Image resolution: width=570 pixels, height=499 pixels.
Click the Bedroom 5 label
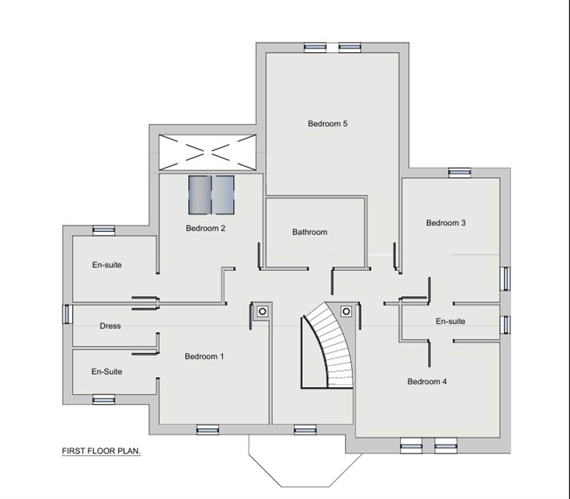point(327,124)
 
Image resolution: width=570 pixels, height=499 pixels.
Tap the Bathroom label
point(310,232)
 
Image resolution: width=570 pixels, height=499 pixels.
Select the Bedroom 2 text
point(205,228)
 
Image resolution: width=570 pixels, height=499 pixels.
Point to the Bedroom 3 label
point(446,223)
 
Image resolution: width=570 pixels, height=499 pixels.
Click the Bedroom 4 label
point(427,381)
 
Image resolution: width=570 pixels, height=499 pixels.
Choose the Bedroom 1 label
point(204,356)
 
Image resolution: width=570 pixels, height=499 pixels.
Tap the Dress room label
point(110,326)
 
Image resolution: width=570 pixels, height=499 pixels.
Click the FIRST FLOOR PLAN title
point(101,451)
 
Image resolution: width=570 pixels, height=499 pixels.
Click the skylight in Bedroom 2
point(211,195)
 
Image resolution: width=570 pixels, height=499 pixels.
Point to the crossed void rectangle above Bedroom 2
point(207,152)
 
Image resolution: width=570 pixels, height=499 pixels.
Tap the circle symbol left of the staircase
point(262,311)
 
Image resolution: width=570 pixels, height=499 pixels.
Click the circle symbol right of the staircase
point(346,311)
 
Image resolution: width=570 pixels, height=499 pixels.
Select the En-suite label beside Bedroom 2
point(107,265)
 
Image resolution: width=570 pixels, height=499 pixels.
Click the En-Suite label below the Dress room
point(107,371)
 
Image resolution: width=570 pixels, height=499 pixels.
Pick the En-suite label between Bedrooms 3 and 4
point(450,321)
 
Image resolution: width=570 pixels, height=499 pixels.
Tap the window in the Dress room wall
point(67,314)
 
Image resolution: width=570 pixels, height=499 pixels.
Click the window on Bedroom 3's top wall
point(459,173)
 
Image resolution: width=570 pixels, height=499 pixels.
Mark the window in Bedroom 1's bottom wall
point(208,430)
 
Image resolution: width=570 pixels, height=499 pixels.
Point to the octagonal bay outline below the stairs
point(305,486)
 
